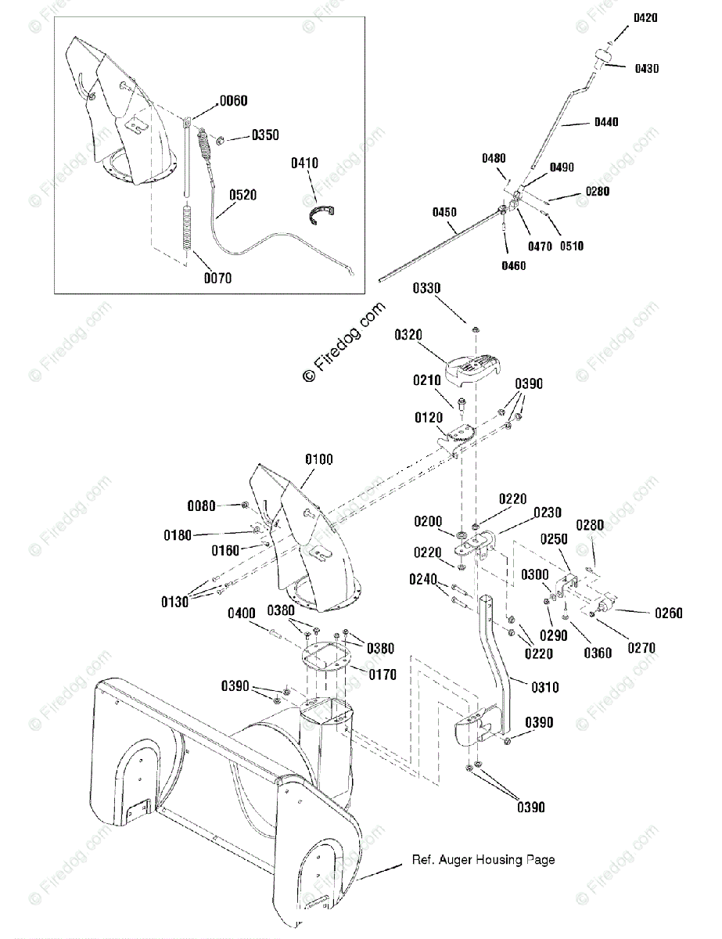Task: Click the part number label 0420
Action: (645, 18)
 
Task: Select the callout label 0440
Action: (606, 122)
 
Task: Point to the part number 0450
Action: (444, 212)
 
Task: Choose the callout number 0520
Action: (242, 195)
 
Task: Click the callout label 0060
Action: (234, 101)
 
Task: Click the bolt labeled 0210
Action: (462, 404)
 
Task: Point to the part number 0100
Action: (319, 459)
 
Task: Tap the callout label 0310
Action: (545, 687)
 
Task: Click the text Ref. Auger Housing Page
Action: (483, 860)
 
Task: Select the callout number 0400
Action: (242, 613)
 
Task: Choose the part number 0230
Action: (548, 513)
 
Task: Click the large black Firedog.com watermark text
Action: (343, 342)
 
